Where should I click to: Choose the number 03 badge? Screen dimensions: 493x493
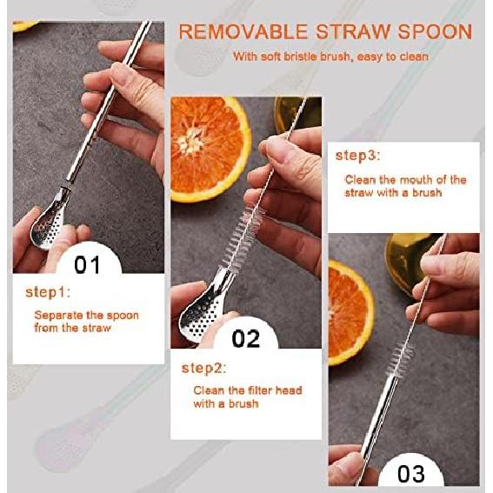coord(410,473)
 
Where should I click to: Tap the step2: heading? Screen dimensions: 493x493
coord(204,368)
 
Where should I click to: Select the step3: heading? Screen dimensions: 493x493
coord(358,156)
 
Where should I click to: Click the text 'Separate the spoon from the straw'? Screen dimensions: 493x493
coord(86,321)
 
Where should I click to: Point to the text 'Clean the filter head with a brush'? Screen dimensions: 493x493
coord(247,397)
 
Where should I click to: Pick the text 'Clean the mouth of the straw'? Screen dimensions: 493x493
coord(404,185)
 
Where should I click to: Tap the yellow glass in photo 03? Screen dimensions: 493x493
coord(408,261)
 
